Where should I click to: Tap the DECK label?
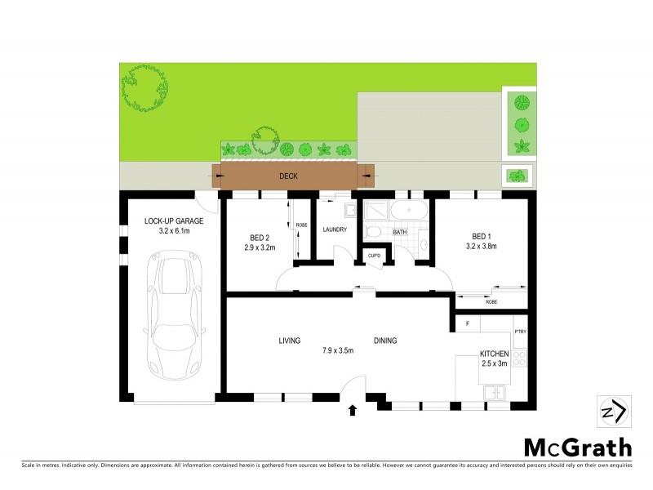tap(288, 176)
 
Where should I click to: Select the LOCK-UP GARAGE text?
tap(174, 220)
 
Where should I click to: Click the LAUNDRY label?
tap(335, 229)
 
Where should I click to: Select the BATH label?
tap(400, 233)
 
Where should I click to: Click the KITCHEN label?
tap(495, 354)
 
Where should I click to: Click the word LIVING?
tap(290, 341)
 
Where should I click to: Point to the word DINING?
tap(385, 341)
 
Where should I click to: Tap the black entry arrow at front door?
tap(353, 410)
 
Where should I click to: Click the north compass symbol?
tap(612, 410)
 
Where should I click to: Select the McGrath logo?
tap(577, 447)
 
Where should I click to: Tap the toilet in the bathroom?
tap(373, 233)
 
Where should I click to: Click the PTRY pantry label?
tap(520, 331)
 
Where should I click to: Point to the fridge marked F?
tap(468, 324)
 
